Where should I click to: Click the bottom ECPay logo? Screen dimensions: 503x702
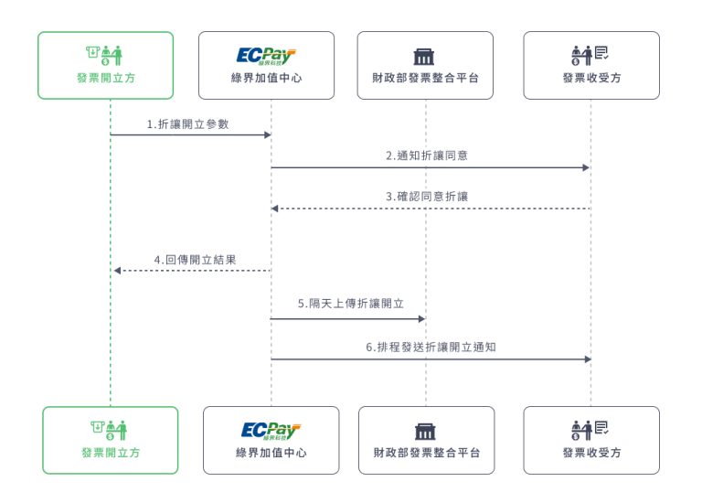pos(271,431)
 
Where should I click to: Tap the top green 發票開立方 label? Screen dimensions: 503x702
pos(105,79)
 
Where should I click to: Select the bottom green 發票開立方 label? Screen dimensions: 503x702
pos(110,453)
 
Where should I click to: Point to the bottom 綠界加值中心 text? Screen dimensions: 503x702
pos(271,453)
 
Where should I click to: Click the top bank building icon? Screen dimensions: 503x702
pos(425,56)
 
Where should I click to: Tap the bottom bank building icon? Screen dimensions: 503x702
pos(426,431)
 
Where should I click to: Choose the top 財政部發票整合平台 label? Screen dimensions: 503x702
pos(425,79)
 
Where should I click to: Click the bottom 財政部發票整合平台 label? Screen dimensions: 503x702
pos(426,453)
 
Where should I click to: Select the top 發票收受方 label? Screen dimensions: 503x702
pos(591,79)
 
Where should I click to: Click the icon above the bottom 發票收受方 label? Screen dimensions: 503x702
pos(591,430)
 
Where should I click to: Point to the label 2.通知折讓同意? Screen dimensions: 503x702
pos(427,155)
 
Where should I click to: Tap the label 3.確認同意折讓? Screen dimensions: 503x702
pos(427,197)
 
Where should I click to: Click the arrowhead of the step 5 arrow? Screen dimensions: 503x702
pos(421,318)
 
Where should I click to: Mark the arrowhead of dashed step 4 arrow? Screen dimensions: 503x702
pos(116,271)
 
